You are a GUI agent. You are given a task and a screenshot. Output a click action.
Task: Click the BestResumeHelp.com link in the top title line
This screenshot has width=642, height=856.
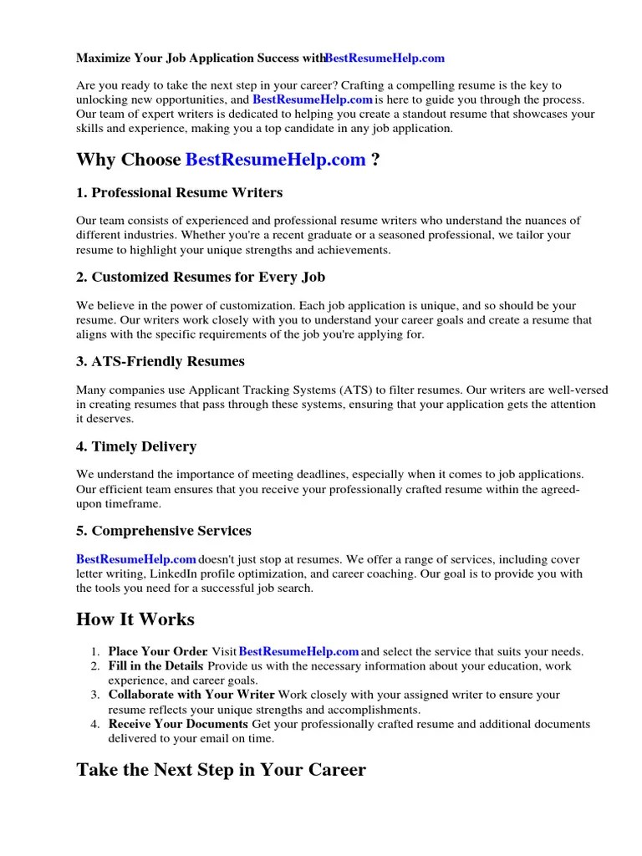385,58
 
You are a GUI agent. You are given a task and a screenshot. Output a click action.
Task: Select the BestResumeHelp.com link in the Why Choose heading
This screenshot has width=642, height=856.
275,160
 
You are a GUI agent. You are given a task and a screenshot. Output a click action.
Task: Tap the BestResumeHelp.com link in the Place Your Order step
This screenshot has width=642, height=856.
298,651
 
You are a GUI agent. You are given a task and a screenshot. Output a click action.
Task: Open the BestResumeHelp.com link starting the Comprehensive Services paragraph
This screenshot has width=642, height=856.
136,558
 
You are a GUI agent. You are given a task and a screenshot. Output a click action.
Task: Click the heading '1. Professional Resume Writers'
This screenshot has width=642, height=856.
179,193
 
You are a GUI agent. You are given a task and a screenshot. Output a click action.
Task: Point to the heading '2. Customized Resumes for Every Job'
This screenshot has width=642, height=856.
201,278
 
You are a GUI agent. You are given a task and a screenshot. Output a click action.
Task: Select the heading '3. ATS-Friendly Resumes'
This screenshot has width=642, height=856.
160,362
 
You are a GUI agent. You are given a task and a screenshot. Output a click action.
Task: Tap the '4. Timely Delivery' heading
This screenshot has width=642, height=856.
136,446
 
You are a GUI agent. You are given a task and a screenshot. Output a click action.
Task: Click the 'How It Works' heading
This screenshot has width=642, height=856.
135,619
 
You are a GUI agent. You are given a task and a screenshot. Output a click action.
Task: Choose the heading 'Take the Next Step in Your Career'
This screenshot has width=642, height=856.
221,769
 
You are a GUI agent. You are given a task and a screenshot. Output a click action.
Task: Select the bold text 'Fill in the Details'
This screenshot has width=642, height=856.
155,665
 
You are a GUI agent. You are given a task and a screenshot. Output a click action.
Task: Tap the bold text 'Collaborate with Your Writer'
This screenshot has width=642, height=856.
191,695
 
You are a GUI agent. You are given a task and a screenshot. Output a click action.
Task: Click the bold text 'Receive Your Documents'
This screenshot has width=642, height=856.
178,724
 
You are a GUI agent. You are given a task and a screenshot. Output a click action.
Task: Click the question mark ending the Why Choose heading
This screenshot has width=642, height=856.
376,160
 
